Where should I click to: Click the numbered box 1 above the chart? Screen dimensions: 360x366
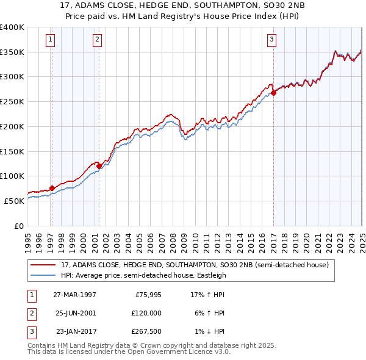pyautogui.click(x=49, y=40)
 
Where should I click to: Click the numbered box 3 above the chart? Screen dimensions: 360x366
pyautogui.click(x=271, y=40)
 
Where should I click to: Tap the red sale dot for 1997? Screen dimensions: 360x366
pyautogui.click(x=52, y=188)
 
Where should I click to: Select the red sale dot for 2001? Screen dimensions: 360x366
pyautogui.click(x=99, y=165)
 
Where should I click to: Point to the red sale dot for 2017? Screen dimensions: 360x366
pyautogui.click(x=273, y=92)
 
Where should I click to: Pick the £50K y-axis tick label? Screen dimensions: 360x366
pyautogui.click(x=15, y=201)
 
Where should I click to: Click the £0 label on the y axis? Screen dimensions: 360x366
pyautogui.click(x=20, y=226)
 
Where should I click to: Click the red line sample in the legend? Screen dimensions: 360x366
pyautogui.click(x=43, y=265)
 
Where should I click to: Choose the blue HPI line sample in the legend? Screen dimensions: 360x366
pyautogui.click(x=43, y=275)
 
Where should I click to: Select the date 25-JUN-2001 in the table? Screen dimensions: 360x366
pyautogui.click(x=74, y=313)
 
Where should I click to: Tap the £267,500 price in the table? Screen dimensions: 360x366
pyautogui.click(x=147, y=331)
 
